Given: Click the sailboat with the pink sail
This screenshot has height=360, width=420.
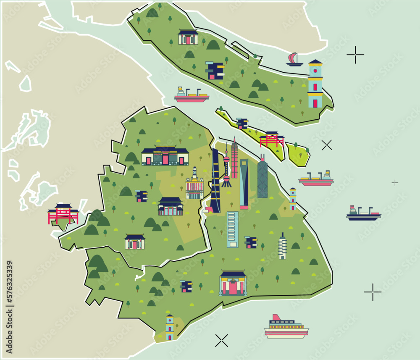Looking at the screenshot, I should (294, 60).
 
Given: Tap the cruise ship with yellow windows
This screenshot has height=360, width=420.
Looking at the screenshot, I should (286, 327).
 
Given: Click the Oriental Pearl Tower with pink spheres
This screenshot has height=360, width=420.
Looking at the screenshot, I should (226, 166).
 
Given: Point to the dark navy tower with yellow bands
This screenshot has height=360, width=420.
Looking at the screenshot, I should (215, 181).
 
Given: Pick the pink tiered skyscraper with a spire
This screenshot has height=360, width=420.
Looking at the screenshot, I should (234, 160).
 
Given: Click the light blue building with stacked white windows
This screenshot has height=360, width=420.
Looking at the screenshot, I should (232, 229).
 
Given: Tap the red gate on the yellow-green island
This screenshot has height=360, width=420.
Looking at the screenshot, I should (272, 139).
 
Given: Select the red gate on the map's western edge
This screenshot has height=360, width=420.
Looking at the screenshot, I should (63, 213).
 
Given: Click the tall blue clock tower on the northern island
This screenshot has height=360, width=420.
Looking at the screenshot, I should (315, 84).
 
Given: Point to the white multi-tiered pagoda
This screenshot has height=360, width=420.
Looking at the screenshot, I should (282, 247).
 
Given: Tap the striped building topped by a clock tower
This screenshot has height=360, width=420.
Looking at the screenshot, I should (194, 184).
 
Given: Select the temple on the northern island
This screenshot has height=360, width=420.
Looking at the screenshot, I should (188, 37).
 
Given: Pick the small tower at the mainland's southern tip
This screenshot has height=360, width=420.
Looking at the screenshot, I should (170, 327).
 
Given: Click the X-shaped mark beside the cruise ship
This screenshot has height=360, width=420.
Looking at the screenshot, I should (221, 340).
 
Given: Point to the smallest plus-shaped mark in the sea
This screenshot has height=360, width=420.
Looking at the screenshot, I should (394, 182).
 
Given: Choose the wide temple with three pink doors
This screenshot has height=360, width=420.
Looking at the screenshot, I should (165, 156).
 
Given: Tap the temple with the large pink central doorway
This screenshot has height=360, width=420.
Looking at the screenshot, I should (233, 284).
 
